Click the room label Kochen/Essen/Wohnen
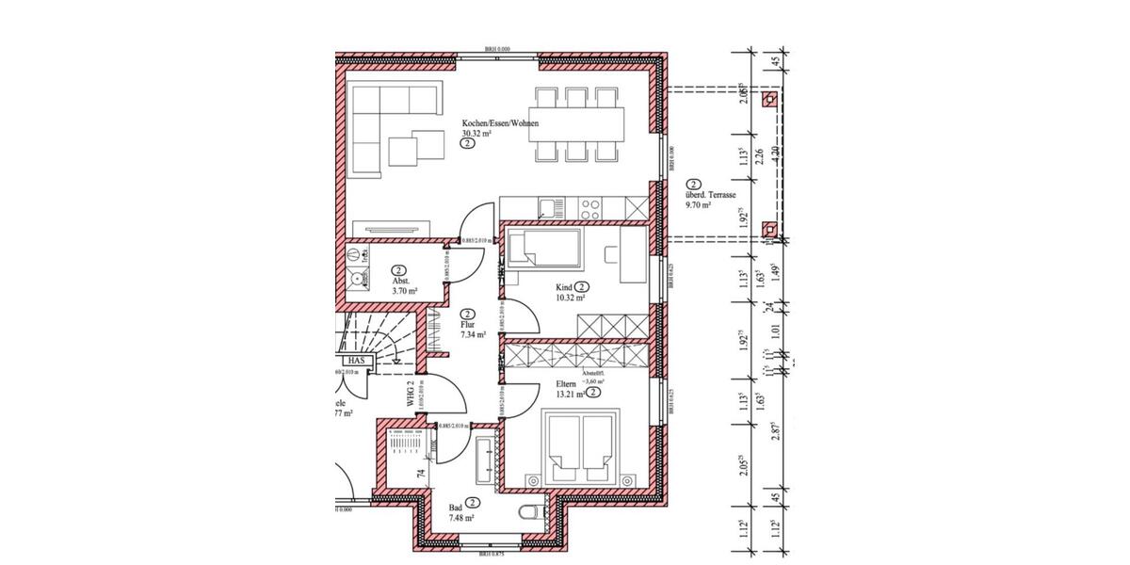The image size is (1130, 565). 499,123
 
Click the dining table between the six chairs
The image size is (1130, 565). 576,122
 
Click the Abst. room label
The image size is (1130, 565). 399,282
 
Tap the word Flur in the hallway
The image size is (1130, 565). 468,323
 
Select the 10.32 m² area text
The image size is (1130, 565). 571,298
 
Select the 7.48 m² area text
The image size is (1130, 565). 460,517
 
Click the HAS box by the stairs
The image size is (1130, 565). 355,360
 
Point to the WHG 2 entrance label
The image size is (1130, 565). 412,393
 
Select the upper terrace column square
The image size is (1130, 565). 771,98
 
